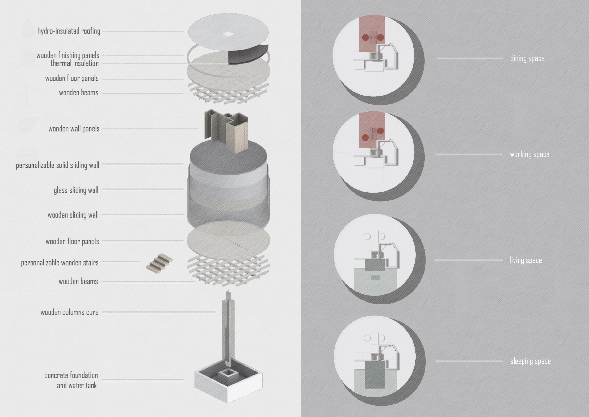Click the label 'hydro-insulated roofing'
coord(69,31)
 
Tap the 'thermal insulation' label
coord(74,63)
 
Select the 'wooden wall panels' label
coord(74,129)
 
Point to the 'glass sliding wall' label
coord(76,190)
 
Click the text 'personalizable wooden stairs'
coord(60,263)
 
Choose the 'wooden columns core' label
coord(70,312)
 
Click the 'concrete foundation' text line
coord(71,375)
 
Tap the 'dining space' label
coord(527,58)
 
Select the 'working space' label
coord(529,154)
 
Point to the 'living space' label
coord(526,260)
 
